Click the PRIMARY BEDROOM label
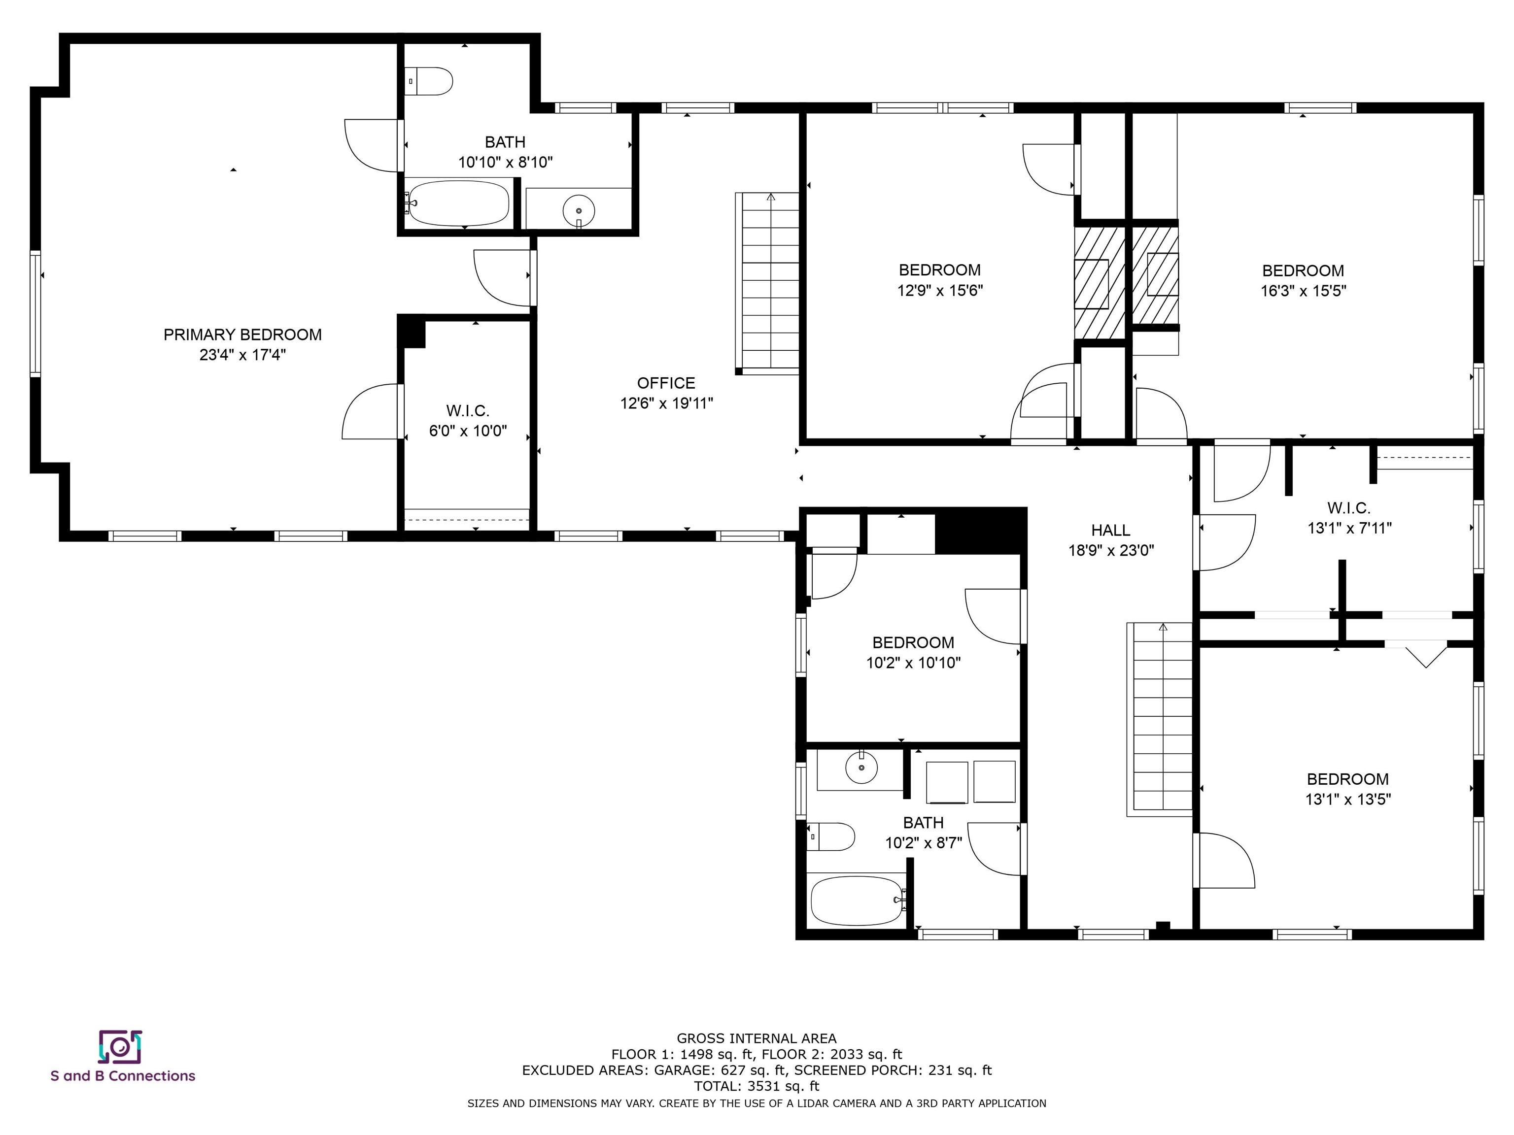242,334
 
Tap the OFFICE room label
666,383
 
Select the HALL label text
1111,530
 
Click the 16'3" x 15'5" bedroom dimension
1303,291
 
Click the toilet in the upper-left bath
428,81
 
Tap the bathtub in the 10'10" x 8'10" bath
458,203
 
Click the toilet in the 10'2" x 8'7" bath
831,836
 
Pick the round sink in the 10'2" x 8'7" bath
861,767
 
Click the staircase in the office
767,283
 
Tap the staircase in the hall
1160,719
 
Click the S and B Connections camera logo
120,1047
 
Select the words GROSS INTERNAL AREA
757,1038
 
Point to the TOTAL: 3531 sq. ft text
757,1086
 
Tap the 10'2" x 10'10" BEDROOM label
914,653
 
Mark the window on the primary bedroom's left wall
35,313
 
